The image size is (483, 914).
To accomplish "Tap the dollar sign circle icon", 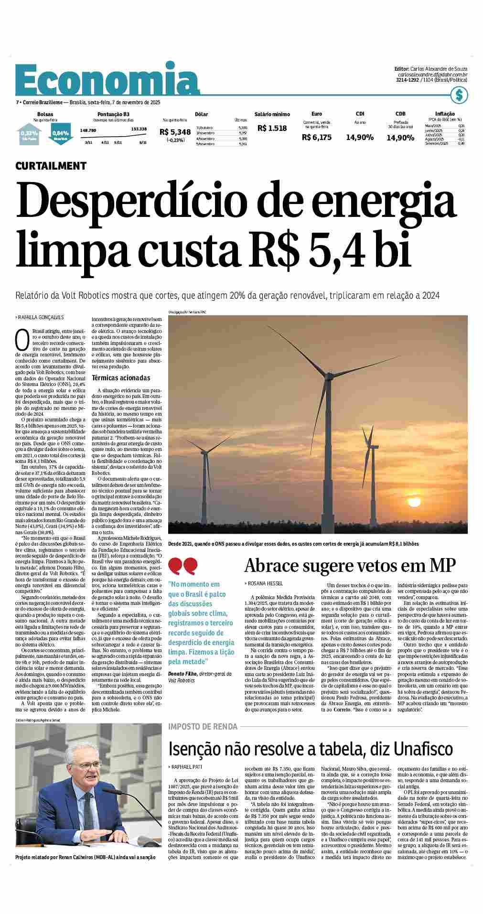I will pyautogui.click(x=459, y=95).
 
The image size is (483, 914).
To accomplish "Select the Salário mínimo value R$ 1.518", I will pyautogui.click(x=272, y=128).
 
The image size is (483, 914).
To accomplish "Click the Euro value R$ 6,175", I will pyautogui.click(x=316, y=138).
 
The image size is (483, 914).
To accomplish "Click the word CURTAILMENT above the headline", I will pyautogui.click(x=51, y=166).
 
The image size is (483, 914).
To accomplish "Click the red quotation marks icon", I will pyautogui.click(x=183, y=566).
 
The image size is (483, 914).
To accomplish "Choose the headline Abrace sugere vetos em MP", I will pyautogui.click(x=350, y=565).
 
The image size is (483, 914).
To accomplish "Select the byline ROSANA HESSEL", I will pyautogui.click(x=265, y=583).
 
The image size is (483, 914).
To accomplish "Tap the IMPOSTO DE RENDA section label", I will pyautogui.click(x=203, y=727).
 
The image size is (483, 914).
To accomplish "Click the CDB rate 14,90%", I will pyautogui.click(x=400, y=138).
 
